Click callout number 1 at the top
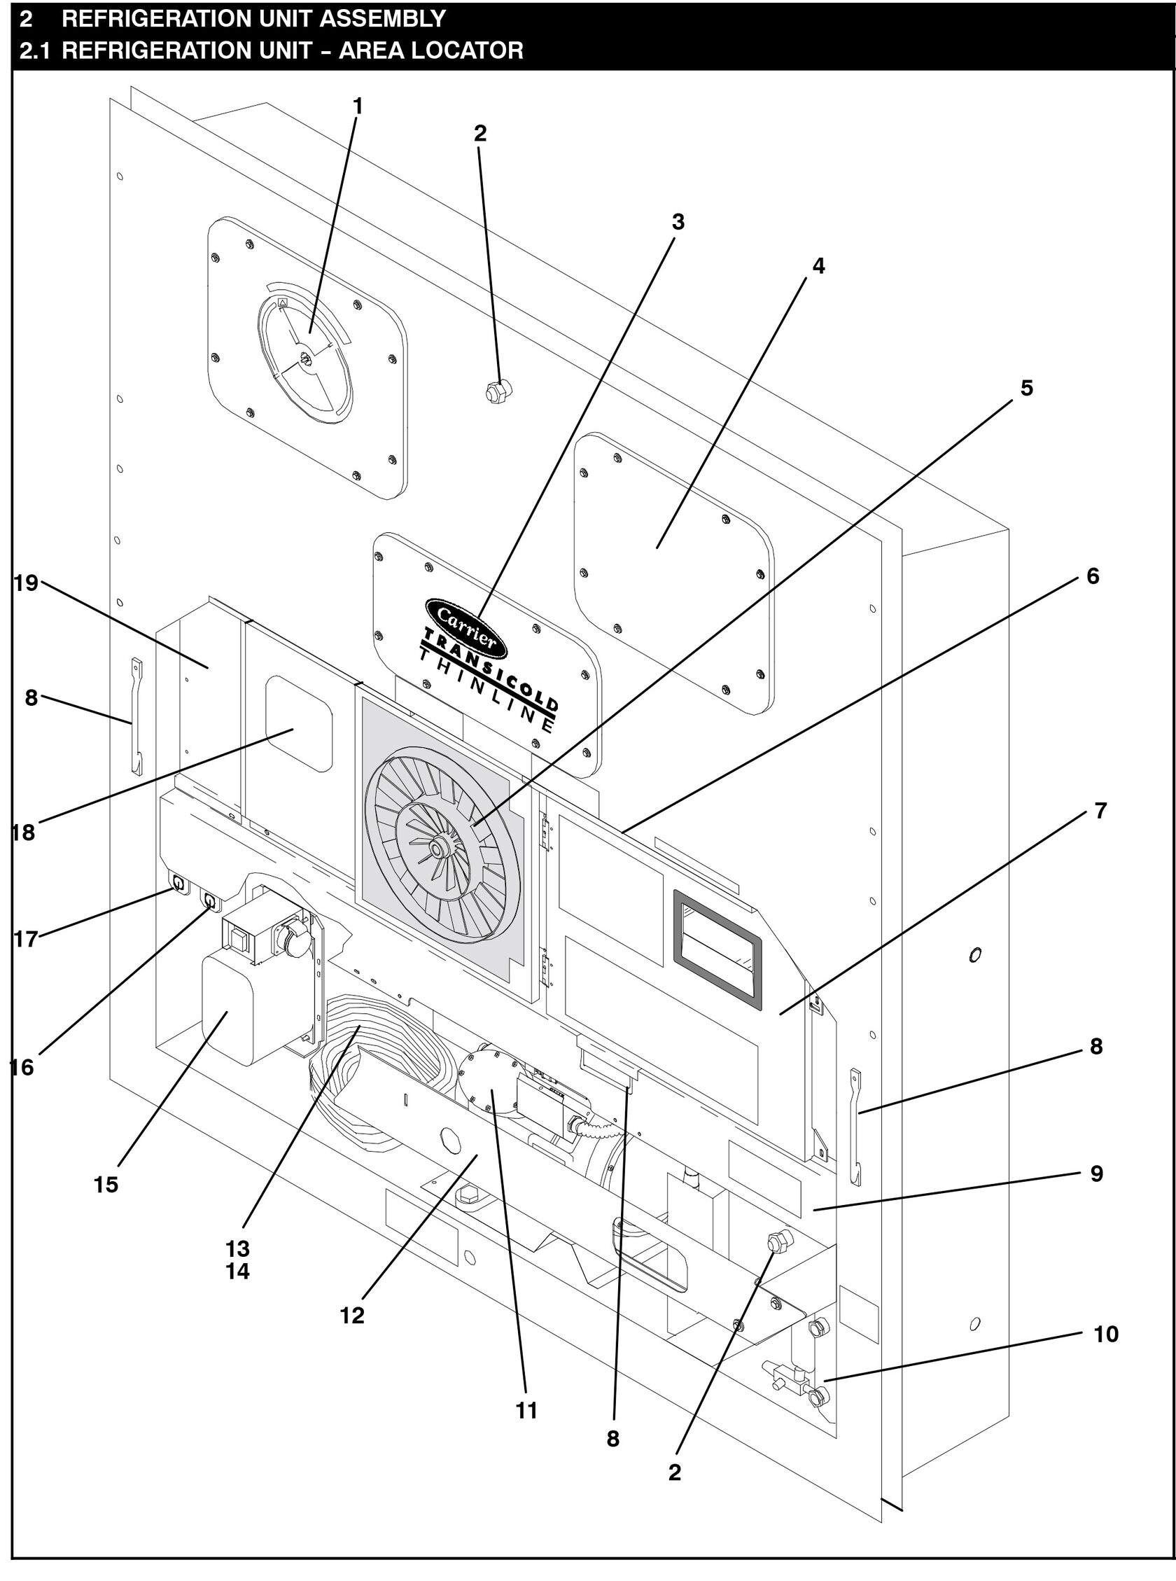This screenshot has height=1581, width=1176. click(358, 106)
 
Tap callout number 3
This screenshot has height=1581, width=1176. click(678, 222)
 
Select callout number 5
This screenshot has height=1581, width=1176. click(1025, 388)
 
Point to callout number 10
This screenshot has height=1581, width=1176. click(1105, 1333)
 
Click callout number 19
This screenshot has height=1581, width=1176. click(26, 583)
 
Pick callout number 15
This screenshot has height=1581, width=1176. click(106, 1185)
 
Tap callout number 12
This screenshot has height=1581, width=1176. click(351, 1316)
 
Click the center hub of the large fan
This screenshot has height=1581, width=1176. click(435, 844)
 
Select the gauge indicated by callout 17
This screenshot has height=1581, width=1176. click(177, 884)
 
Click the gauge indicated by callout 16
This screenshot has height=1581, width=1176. click(210, 901)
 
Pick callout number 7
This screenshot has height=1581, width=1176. click(1100, 811)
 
